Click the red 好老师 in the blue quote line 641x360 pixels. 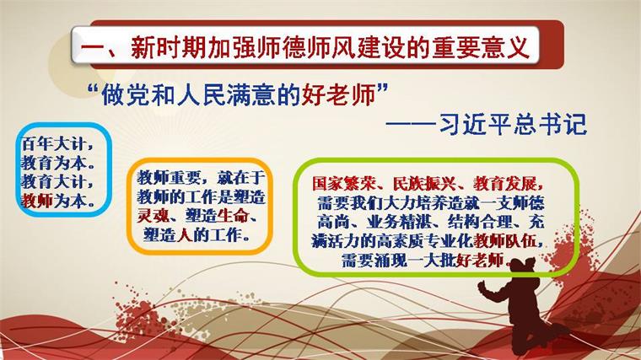pos(339,95)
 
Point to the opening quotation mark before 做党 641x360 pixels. pos(94,89)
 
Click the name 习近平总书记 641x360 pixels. pos(513,123)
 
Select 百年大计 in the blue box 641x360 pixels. pos(53,144)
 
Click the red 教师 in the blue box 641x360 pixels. pos(37,201)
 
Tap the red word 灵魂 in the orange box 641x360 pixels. pos(153,216)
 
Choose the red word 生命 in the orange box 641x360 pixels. pos(233,216)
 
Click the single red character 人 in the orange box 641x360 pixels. pos(185,235)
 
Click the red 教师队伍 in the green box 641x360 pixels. pos(505,241)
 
